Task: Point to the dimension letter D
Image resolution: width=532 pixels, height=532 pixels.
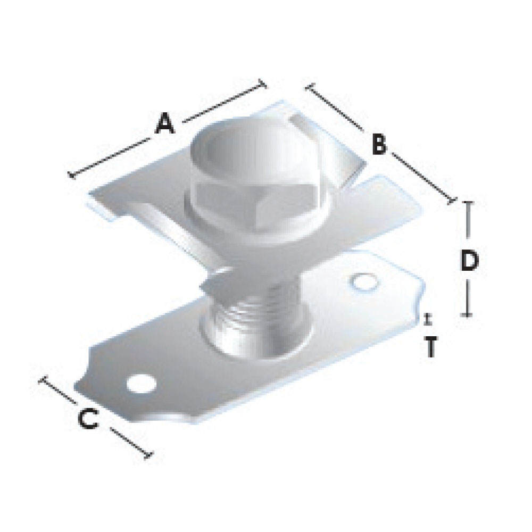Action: coord(470,261)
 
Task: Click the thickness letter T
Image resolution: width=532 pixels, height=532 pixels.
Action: coord(430,347)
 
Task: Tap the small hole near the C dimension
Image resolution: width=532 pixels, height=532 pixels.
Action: coord(142,384)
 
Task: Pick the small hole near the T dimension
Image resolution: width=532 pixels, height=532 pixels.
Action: coord(365,283)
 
